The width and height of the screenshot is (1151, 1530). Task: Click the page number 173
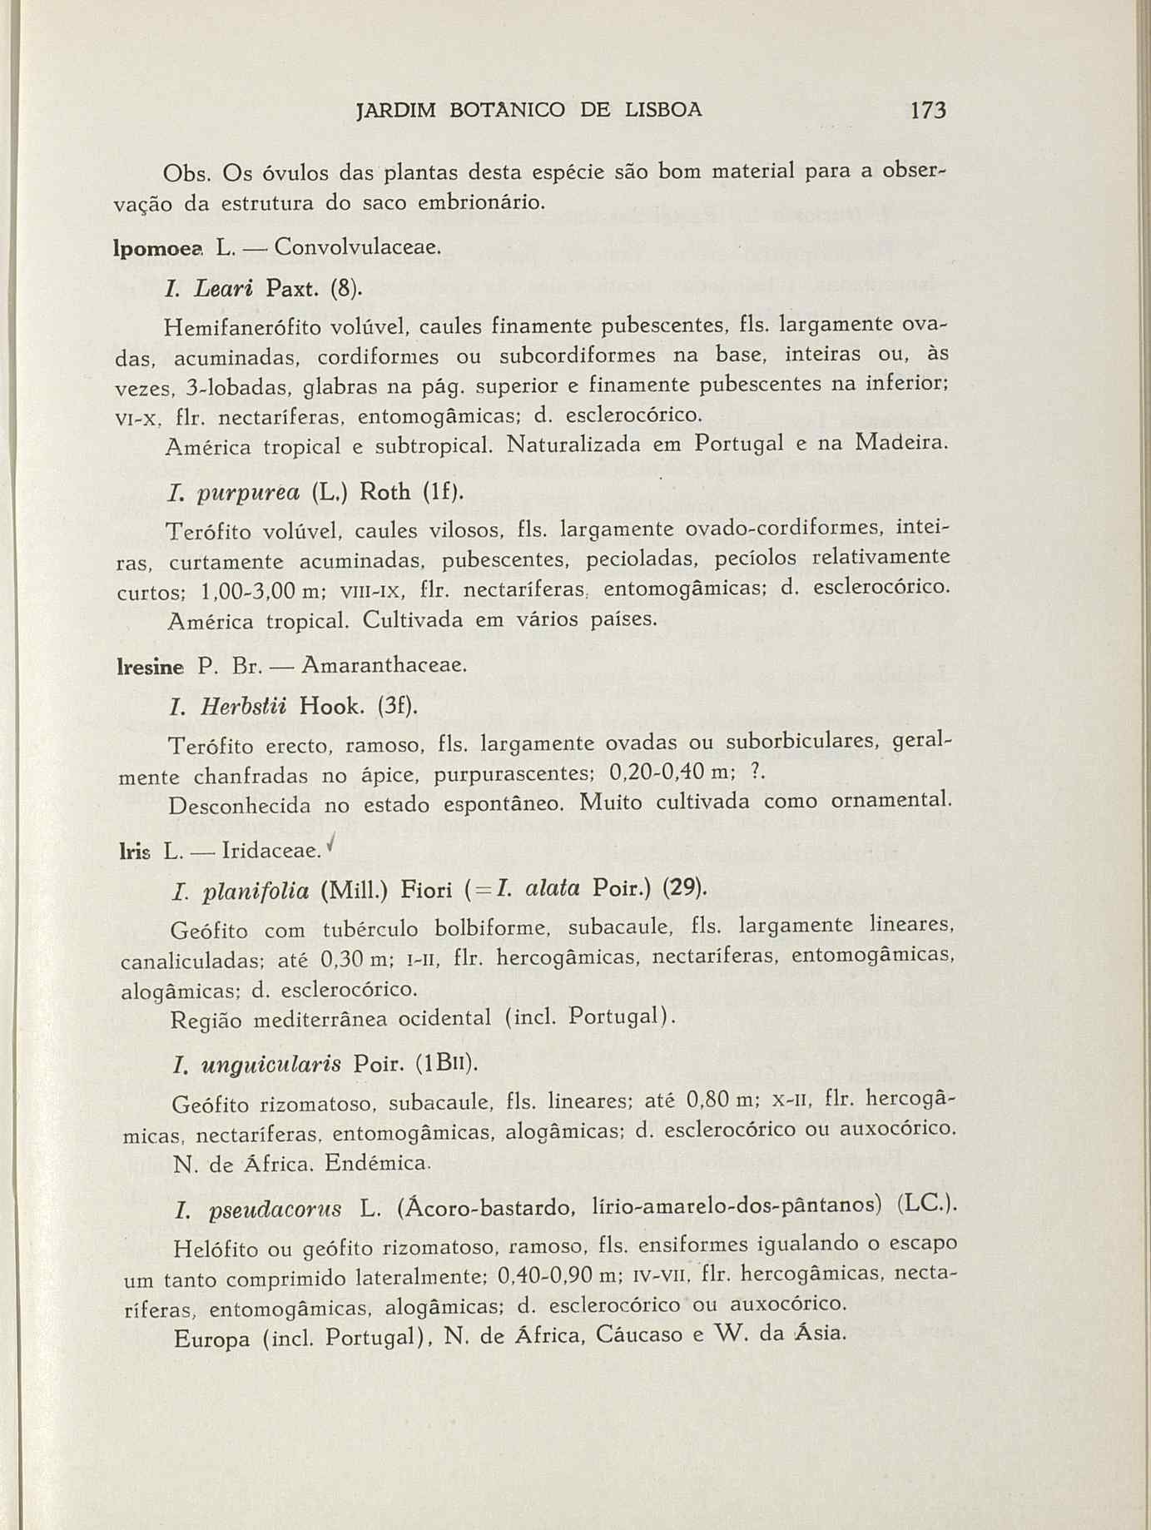click(x=929, y=110)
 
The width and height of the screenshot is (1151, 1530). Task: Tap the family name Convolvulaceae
click(x=357, y=247)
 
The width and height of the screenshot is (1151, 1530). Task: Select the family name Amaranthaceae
click(x=384, y=665)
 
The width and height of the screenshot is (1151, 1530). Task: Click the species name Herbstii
click(x=243, y=707)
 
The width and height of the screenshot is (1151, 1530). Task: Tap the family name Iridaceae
click(x=271, y=851)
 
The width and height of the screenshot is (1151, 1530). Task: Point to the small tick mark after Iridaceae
click(x=332, y=844)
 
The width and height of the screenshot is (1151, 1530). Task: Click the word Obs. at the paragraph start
click(x=191, y=175)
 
